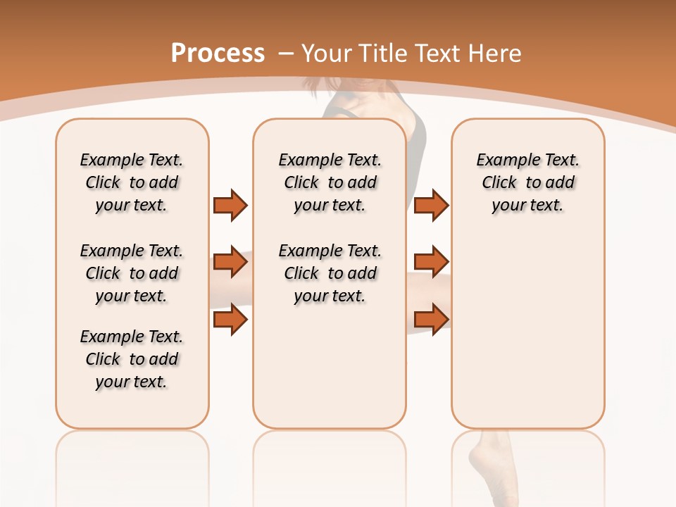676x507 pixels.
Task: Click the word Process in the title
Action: click(218, 54)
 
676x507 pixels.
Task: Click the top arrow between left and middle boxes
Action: click(230, 206)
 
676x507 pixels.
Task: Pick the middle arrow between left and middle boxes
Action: click(230, 262)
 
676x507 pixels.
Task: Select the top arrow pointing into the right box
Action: click(431, 206)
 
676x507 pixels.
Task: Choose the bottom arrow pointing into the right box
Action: click(431, 319)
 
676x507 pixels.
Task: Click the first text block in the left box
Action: click(132, 182)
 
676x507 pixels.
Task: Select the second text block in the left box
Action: click(132, 273)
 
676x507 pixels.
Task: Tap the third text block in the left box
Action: click(132, 359)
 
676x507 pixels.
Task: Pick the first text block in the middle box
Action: click(330, 182)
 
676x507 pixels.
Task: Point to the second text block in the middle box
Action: click(330, 273)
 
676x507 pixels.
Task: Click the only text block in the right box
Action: click(527, 182)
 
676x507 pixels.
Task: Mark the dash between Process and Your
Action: click(286, 54)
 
